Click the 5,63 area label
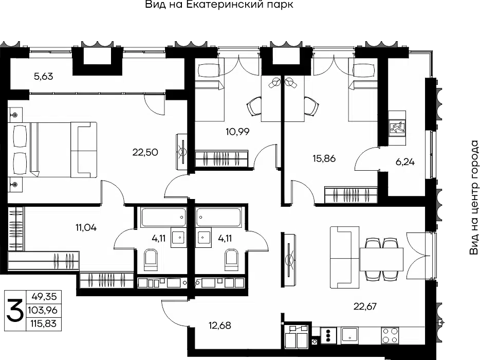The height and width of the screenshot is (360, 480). tap(44, 76)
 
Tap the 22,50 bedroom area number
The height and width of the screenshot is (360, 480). tap(145, 152)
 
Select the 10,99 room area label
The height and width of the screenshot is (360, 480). tap(237, 132)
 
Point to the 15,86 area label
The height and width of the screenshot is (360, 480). tap(324, 158)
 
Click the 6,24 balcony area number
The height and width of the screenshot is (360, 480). tap(405, 161)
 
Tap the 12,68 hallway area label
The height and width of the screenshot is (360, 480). tap(220, 325)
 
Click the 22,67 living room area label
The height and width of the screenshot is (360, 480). tap(365, 306)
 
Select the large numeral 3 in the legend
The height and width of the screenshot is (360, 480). tap(15, 310)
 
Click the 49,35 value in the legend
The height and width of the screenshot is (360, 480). tap(44, 297)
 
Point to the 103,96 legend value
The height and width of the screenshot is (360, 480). tap(43, 310)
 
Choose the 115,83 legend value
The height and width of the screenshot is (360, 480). tap(43, 323)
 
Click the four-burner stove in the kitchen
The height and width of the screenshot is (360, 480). tap(390, 335)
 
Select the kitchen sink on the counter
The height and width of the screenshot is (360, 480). tap(349, 335)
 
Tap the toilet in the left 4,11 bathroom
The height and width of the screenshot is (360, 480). tap(151, 260)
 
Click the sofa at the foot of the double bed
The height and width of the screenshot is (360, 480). tap(84, 150)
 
